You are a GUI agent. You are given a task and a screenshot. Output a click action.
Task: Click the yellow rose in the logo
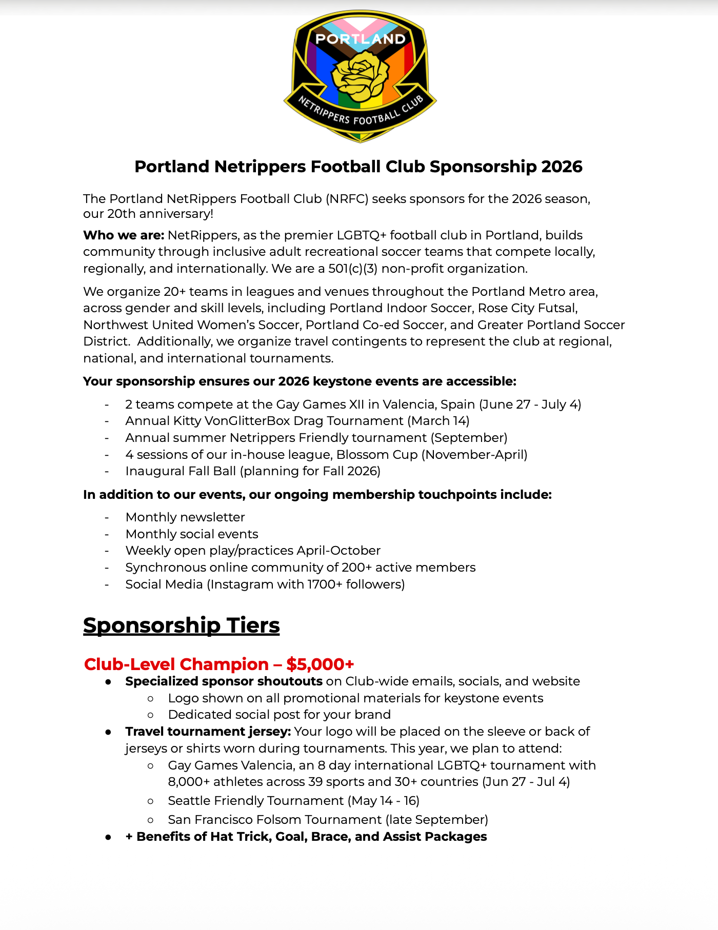pyautogui.click(x=360, y=77)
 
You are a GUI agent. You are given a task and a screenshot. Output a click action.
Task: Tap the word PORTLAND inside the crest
pyautogui.click(x=360, y=39)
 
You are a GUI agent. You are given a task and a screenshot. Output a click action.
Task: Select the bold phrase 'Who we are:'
pyautogui.click(x=124, y=235)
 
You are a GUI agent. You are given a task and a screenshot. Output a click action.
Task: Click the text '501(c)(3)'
pyautogui.click(x=353, y=269)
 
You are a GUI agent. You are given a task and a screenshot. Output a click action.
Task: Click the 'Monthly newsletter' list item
pyautogui.click(x=185, y=517)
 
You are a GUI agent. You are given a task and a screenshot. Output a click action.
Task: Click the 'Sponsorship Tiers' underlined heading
pyautogui.click(x=182, y=625)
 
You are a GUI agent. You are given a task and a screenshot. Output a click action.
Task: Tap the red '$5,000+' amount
pyautogui.click(x=320, y=664)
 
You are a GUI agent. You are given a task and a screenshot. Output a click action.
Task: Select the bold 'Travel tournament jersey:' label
pyautogui.click(x=208, y=732)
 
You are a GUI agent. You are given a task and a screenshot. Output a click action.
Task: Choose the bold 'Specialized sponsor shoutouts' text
pyautogui.click(x=224, y=681)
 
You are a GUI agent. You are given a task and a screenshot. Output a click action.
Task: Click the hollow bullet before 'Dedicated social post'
pyautogui.click(x=150, y=715)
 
